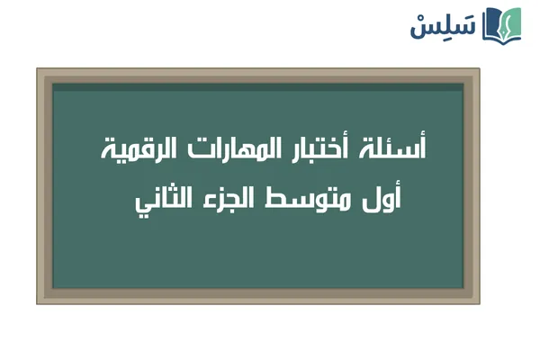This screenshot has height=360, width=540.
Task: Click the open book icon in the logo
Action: click(x=502, y=24)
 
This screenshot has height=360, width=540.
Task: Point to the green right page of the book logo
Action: click(x=512, y=24)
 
